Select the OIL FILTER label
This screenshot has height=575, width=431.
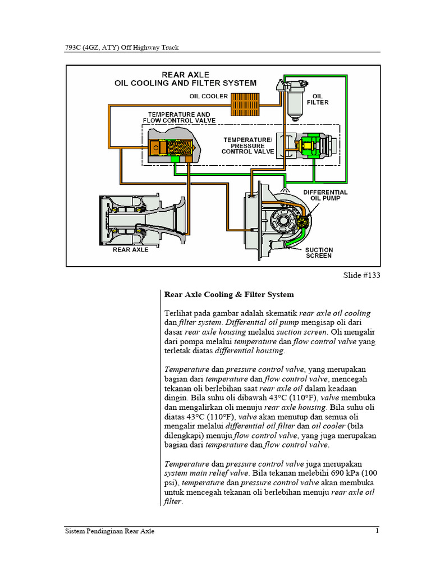(x=318, y=99)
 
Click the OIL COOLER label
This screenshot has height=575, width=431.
(x=208, y=96)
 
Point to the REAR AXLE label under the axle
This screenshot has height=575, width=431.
(x=131, y=249)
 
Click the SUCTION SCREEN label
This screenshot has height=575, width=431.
(x=319, y=253)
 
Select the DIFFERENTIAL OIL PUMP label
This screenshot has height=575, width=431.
(x=325, y=195)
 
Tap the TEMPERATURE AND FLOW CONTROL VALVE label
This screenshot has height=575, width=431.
(x=176, y=117)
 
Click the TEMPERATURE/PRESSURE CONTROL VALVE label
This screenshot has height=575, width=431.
(x=247, y=145)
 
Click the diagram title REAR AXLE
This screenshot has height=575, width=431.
(x=185, y=74)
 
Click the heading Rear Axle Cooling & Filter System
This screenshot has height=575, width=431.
(x=228, y=294)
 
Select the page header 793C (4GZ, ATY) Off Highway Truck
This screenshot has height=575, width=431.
(x=122, y=48)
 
